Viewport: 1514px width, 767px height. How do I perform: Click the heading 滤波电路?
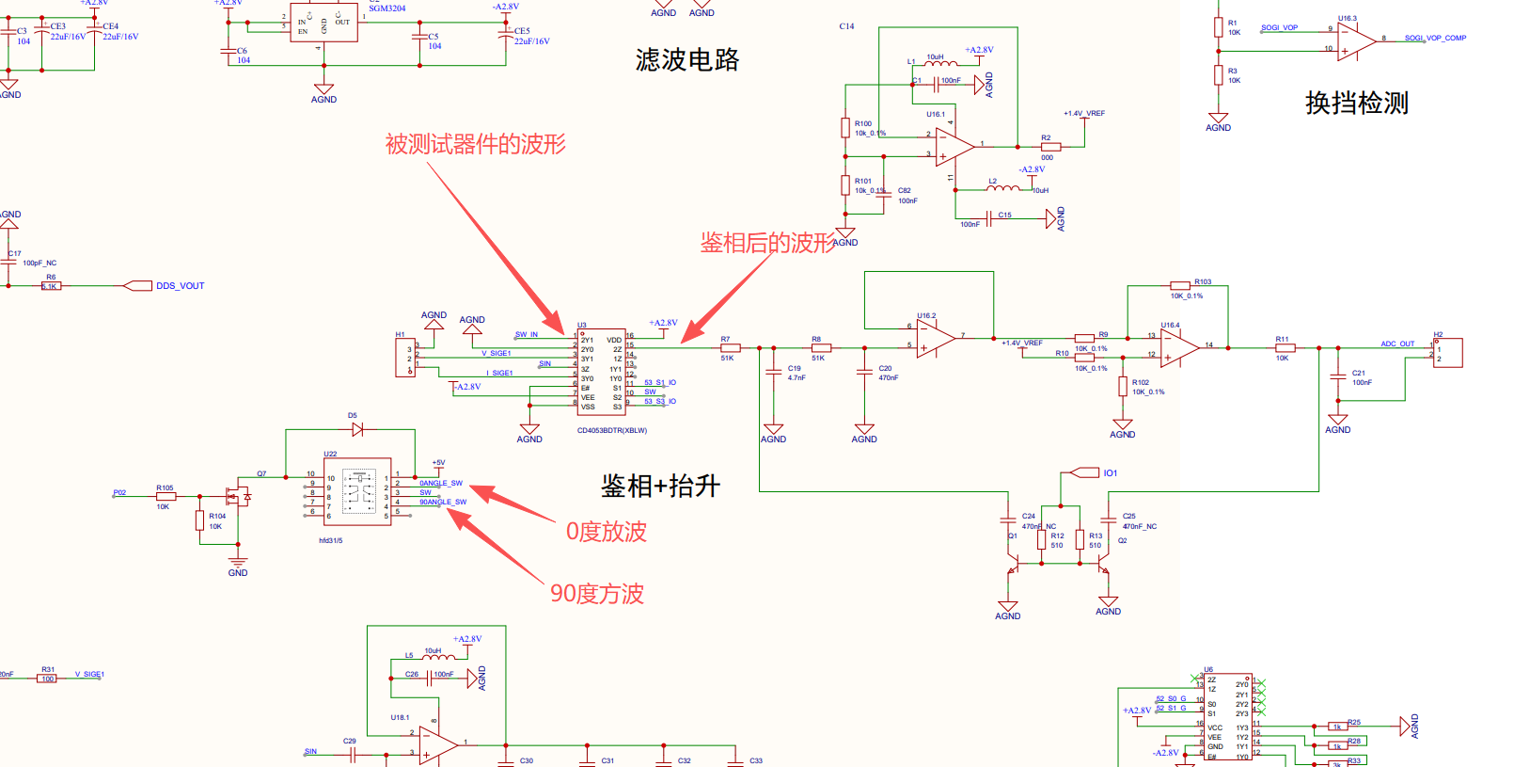pos(687,60)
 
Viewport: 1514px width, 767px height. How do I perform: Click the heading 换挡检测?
pos(1356,103)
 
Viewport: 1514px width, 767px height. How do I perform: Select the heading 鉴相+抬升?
pos(660,486)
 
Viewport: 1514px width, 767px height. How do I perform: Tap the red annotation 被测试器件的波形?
pos(475,144)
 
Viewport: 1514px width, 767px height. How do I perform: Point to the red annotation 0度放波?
pos(606,532)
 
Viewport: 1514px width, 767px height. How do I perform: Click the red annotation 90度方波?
pos(596,594)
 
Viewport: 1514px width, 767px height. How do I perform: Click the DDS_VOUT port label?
pos(179,286)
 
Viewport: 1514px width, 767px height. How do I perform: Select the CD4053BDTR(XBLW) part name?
pos(611,431)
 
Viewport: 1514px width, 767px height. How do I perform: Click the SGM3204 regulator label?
pos(387,8)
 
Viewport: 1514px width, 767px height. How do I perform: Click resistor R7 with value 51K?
pos(730,348)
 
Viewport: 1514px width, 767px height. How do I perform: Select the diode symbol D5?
pos(357,429)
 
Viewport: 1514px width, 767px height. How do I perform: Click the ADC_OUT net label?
pos(1396,344)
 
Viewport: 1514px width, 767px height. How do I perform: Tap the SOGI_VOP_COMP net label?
pos(1435,39)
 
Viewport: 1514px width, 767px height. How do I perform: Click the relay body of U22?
pos(357,491)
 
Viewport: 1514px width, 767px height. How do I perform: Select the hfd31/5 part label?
pos(331,540)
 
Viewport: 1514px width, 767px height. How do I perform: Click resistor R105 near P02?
pos(166,496)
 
